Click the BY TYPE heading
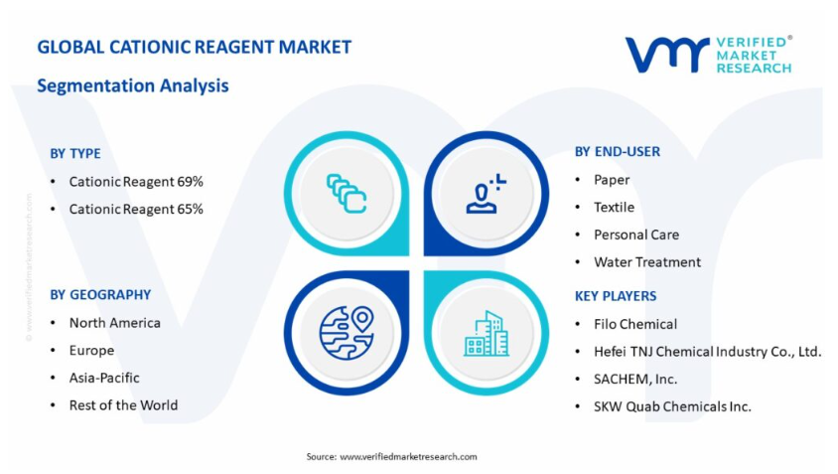(75, 154)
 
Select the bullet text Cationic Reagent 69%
(136, 182)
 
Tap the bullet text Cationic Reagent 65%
(136, 210)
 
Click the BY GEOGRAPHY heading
(100, 295)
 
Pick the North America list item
(115, 323)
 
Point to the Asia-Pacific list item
(104, 378)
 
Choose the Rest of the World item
(123, 405)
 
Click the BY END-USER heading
(618, 152)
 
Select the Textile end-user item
(614, 207)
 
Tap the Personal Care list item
(636, 235)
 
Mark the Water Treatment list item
(647, 262)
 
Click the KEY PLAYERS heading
(616, 296)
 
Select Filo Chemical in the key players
(635, 324)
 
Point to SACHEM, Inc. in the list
(635, 380)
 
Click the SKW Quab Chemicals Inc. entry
(672, 406)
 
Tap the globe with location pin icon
(347, 333)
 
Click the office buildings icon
(487, 333)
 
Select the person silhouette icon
(486, 194)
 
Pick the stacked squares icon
(347, 193)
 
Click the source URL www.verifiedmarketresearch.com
(408, 457)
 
